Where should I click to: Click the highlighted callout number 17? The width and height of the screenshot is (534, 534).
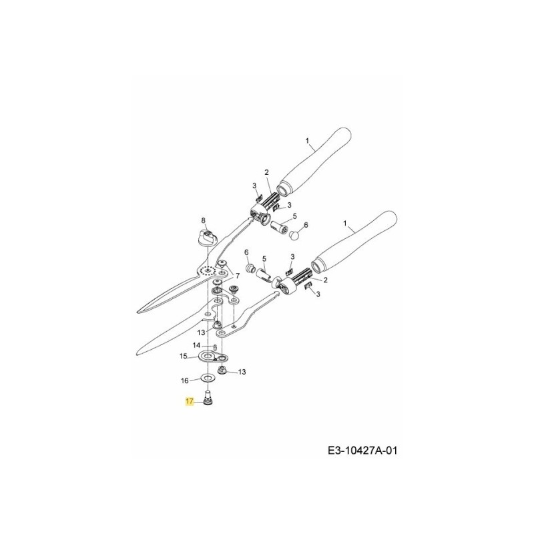(x=190, y=403)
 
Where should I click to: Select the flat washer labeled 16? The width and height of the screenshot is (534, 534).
(x=208, y=379)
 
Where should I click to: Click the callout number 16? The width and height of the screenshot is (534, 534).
(x=186, y=380)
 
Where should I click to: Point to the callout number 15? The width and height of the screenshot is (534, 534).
(x=183, y=357)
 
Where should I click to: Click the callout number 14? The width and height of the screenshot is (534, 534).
(x=196, y=345)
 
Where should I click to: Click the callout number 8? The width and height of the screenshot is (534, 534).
(x=205, y=220)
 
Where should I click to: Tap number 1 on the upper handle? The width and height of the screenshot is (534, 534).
(x=307, y=142)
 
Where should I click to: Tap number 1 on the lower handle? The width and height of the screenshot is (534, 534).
(x=344, y=224)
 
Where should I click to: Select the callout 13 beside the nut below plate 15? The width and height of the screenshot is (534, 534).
(x=242, y=371)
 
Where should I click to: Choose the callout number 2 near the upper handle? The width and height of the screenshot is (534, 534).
(x=265, y=172)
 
